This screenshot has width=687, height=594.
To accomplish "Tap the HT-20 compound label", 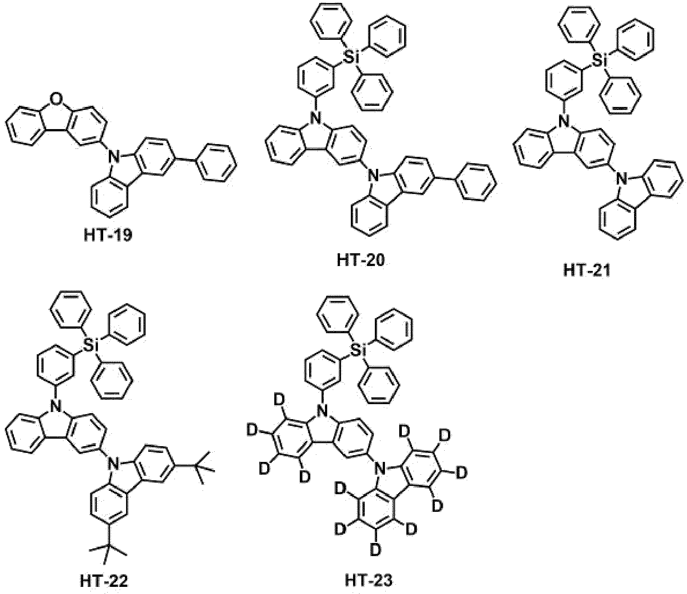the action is point(361,260).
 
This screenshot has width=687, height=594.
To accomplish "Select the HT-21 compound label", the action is point(587,270).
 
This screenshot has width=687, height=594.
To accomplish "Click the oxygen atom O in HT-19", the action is point(56,99).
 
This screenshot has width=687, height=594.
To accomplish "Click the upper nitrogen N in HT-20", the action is point(316,120).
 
